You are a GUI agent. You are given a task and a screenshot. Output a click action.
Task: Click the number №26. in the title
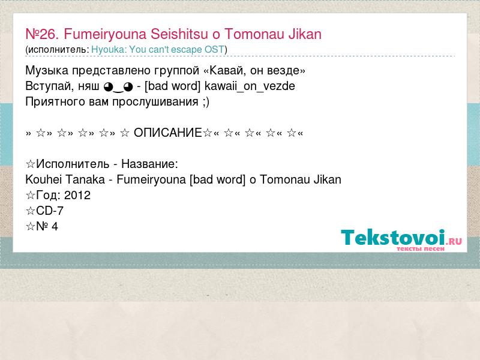point(42,34)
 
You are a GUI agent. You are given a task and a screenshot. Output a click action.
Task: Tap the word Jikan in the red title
point(305,34)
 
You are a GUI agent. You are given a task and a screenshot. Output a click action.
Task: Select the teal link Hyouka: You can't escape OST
point(158,50)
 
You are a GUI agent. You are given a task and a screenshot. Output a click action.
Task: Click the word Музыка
point(47,71)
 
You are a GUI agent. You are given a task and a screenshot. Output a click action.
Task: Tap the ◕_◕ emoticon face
point(118,87)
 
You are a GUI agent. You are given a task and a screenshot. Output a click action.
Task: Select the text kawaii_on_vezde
point(250,86)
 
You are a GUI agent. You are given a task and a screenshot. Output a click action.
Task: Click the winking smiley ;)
point(206,102)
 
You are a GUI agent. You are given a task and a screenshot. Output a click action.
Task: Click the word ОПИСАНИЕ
point(168,133)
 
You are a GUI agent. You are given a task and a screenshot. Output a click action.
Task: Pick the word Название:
point(149,164)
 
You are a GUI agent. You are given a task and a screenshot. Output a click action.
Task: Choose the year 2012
point(77,196)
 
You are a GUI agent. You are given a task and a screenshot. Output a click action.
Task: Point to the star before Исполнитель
point(31,164)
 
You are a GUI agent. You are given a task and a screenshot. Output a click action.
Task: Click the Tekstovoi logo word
point(393,238)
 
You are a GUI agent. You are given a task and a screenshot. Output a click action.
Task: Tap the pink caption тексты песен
point(421,249)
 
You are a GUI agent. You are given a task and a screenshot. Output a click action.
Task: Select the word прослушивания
point(155,102)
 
